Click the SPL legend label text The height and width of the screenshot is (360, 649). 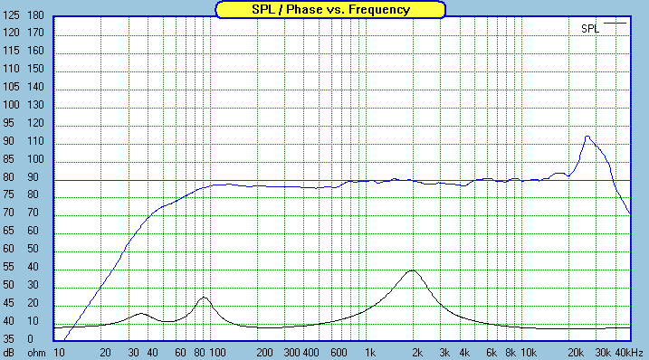[x=589, y=29]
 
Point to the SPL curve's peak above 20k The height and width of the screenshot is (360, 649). [x=587, y=137]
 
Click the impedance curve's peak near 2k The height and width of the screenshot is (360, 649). [x=413, y=270]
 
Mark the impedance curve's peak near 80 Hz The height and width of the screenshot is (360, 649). [x=204, y=298]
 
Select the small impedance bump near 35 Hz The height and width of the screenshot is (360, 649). [x=141, y=313]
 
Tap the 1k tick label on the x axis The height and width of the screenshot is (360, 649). [x=369, y=352]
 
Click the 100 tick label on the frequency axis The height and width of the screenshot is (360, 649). [x=218, y=352]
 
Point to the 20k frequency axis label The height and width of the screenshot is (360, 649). [x=576, y=352]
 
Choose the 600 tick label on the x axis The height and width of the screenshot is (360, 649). [x=339, y=352]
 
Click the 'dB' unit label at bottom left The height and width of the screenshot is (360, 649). [x=9, y=352]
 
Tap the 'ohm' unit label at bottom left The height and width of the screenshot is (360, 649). [x=35, y=352]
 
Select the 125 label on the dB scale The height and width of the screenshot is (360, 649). [x=12, y=16]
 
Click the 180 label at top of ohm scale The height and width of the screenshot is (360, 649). [x=36, y=16]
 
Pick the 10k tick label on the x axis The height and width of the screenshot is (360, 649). [x=529, y=352]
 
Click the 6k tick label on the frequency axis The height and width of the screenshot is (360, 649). [x=492, y=352]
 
